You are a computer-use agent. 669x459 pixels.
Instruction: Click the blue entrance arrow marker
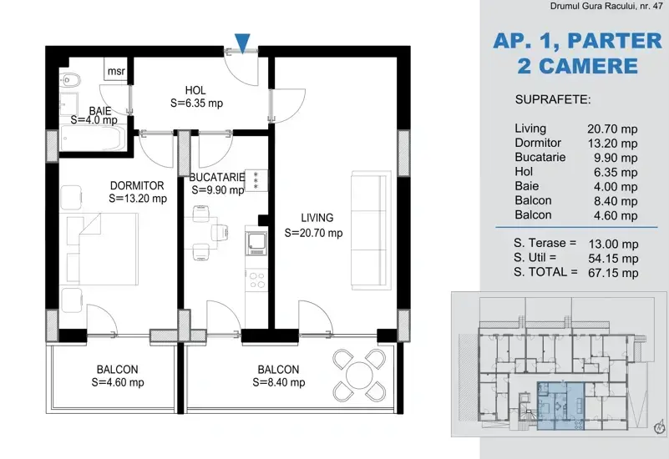[242, 43]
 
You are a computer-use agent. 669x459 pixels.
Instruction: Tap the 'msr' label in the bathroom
[116, 71]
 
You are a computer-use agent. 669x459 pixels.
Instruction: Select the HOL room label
[195, 90]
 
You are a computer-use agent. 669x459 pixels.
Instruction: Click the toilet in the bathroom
[68, 79]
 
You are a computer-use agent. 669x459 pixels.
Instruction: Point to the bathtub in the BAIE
[92, 137]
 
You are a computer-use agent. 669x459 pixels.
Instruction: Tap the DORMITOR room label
[137, 186]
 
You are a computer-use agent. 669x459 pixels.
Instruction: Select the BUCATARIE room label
[217, 177]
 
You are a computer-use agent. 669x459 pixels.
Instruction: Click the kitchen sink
[256, 242]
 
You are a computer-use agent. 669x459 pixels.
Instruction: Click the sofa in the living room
[371, 230]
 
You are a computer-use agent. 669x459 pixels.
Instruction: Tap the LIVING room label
[317, 218]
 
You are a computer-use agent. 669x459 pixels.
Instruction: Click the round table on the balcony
[360, 376]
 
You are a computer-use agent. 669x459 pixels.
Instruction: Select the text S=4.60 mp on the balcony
[118, 383]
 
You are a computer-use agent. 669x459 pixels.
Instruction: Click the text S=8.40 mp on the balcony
[279, 383]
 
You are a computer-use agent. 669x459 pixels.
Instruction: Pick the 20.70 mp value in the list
[613, 129]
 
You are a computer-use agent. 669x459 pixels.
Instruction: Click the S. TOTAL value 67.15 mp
[613, 273]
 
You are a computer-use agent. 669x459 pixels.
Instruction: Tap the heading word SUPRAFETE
[553, 99]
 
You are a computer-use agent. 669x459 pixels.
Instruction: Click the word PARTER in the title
[615, 42]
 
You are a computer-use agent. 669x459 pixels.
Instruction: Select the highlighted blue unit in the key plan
[560, 406]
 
